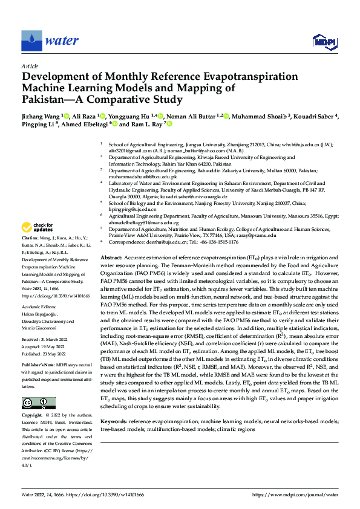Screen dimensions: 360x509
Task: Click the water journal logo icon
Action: click(31, 41)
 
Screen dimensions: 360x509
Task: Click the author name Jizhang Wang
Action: click(43, 115)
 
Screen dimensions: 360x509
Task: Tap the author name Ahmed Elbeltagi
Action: click(83, 124)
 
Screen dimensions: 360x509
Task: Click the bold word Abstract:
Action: click(112, 257)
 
